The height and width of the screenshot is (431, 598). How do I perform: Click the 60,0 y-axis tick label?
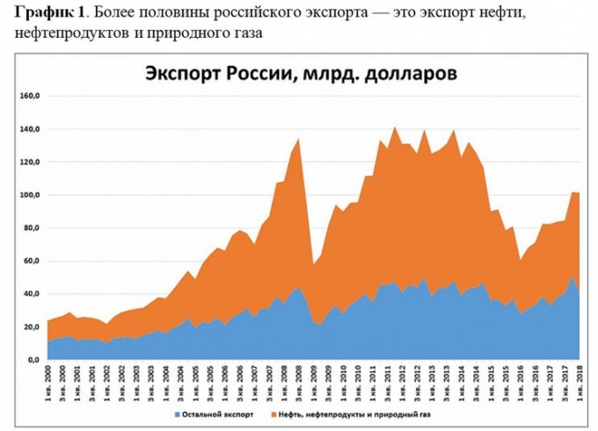33,260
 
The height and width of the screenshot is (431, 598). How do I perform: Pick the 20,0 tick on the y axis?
33,326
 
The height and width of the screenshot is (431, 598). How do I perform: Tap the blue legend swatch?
179,411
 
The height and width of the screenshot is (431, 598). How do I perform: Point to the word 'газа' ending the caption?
245,33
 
